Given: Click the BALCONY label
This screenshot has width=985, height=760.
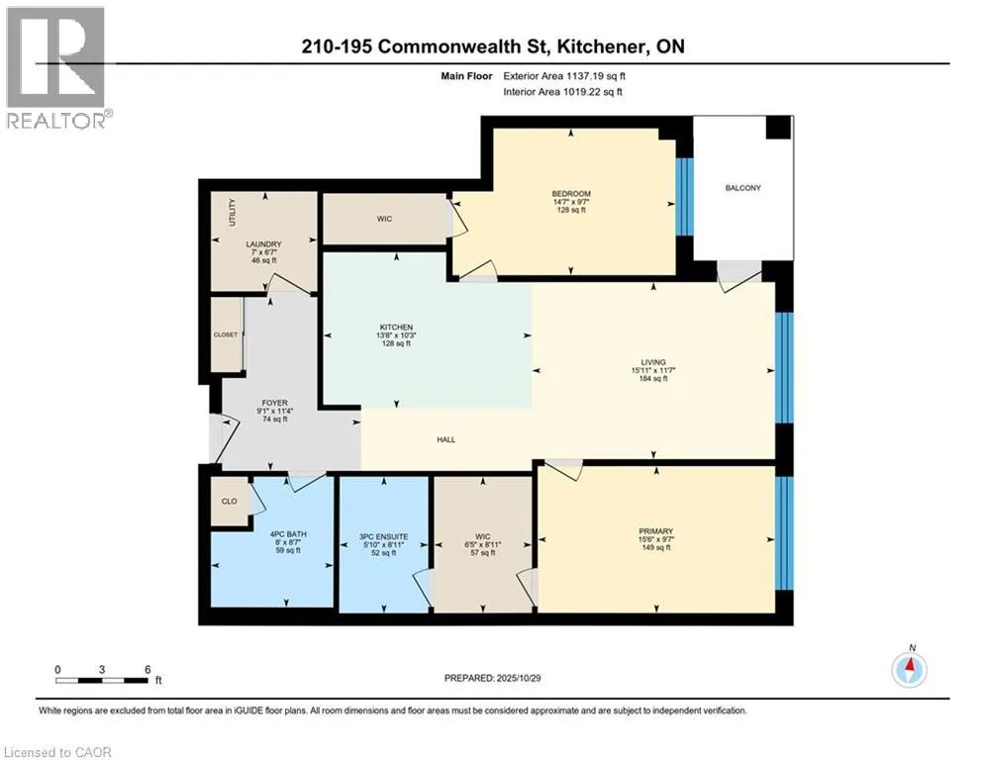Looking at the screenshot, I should click(742, 188).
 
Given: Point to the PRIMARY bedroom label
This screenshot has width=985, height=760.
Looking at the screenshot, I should click(655, 531).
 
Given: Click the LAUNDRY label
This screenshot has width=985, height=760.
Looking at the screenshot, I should click(264, 243).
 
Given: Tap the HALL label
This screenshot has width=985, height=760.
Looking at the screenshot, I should click(445, 439).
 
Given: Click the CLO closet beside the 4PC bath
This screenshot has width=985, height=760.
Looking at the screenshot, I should click(228, 501).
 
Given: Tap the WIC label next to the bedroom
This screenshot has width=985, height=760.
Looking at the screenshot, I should click(384, 219).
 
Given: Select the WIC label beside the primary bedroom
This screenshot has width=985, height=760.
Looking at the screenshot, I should click(484, 536).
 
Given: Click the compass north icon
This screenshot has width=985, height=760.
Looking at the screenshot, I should click(908, 670).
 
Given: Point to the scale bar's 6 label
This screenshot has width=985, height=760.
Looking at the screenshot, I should click(148, 669).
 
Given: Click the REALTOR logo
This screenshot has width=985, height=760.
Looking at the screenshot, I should click(55, 67).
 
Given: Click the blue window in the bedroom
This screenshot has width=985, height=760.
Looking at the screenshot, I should click(681, 197).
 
